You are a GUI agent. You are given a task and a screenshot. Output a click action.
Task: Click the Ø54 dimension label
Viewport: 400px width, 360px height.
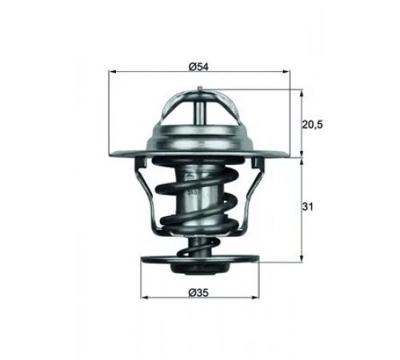pos(198,66)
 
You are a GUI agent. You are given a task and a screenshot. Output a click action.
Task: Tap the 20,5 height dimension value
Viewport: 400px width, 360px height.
pos(312,124)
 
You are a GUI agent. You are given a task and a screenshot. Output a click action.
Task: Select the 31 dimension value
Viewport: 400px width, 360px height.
pos(307,206)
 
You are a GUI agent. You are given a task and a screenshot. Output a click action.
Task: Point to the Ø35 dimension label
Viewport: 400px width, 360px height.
pos(198,293)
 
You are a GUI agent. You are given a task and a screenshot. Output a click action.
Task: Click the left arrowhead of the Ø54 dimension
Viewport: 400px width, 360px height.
pos(113,71)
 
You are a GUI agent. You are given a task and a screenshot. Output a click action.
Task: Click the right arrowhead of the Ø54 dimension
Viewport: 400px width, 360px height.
pos(286,71)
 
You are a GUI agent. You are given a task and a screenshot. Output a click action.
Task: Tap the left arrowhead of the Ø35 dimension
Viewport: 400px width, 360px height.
pos(144,297)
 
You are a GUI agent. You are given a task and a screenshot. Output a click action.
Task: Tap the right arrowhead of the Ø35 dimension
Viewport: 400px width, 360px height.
pos(255,297)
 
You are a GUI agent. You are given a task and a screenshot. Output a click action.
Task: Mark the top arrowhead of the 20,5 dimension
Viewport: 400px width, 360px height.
pos(302,94)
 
